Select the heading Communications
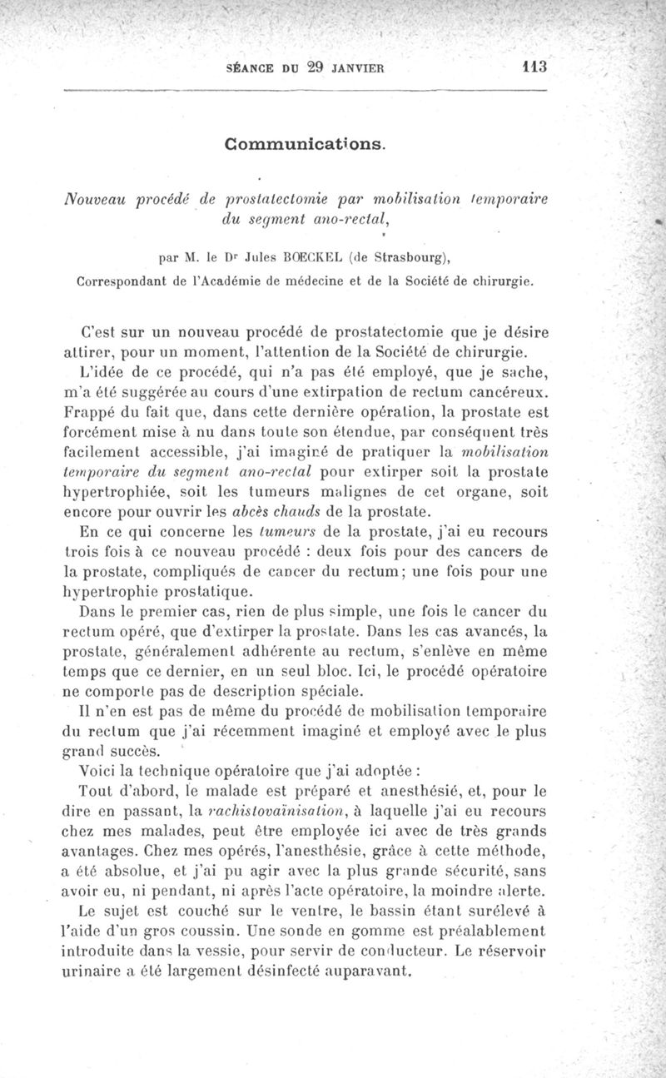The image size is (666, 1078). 306,143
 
